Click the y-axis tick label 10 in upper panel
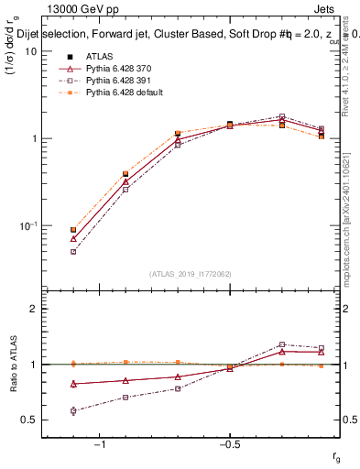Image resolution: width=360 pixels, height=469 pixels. [30, 51]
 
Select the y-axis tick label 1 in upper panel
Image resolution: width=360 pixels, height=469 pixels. [33, 138]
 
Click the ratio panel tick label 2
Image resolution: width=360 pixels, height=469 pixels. [33, 309]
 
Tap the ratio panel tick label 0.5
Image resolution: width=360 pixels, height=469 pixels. [29, 420]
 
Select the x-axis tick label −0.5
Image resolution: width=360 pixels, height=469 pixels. [229, 444]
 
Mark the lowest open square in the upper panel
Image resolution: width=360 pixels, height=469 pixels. [73, 251]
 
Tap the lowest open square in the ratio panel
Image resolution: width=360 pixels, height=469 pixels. [73, 410]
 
